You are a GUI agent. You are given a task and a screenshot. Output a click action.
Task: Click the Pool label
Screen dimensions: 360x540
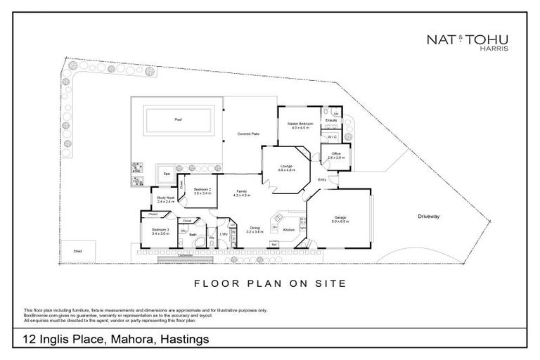coord(177,120)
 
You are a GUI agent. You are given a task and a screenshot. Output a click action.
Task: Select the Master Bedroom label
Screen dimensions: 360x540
coord(300,124)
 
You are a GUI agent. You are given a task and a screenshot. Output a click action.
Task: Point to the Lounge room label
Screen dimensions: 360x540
coord(285,167)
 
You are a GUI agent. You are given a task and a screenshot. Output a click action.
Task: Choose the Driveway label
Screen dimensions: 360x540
coord(428,216)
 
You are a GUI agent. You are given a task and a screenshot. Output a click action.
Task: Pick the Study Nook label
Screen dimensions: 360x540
coord(165,200)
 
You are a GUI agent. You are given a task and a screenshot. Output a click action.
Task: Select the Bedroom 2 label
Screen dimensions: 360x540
coord(202,189)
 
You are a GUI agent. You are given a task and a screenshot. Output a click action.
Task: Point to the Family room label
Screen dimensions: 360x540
coord(241,191)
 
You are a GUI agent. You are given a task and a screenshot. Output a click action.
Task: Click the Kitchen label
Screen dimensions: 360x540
coord(288,230)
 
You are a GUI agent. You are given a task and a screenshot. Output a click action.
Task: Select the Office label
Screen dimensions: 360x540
coord(336,154)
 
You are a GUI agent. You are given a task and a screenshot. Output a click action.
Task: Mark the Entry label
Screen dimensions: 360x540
coord(322,179)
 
